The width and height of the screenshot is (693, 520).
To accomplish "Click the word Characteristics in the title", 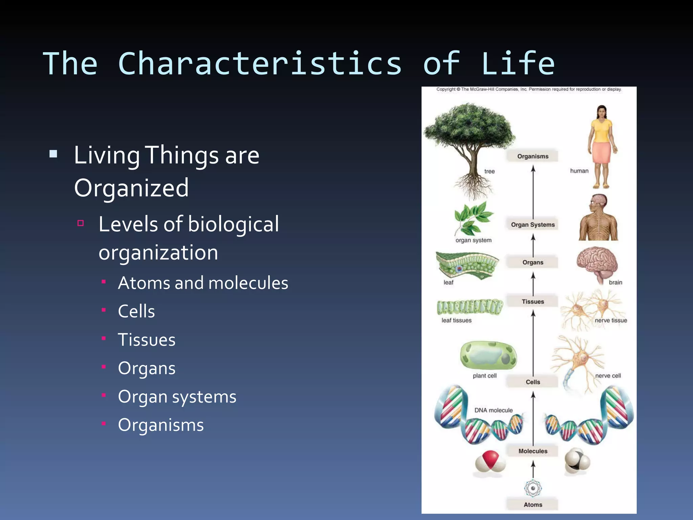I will tap(260, 64).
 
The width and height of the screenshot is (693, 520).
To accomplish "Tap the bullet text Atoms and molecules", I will tap(203, 283).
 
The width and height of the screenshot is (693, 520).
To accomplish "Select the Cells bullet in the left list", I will tap(136, 311).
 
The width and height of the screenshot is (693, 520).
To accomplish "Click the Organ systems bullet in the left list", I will tap(177, 396).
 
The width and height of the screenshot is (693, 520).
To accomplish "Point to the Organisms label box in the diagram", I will tap(533, 156).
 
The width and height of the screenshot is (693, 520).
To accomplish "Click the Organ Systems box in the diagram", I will tap(533, 224).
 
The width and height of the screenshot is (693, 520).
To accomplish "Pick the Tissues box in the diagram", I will tap(533, 301).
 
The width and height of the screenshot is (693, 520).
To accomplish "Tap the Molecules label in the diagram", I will tap(533, 451).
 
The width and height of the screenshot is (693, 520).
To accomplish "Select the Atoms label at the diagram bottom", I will tap(533, 504).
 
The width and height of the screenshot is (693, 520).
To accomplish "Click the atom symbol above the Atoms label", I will tap(533, 488).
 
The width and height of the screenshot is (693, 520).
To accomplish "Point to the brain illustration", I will tap(597, 263).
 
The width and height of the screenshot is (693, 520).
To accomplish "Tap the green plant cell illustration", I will tap(488, 355).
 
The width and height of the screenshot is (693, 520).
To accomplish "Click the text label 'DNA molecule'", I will tap(493, 410).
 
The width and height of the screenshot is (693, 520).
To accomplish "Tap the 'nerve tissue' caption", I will tap(611, 320).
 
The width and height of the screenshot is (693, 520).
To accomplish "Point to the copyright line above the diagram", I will tap(529, 89).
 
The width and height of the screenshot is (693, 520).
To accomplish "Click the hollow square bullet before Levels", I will tap(81, 223).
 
